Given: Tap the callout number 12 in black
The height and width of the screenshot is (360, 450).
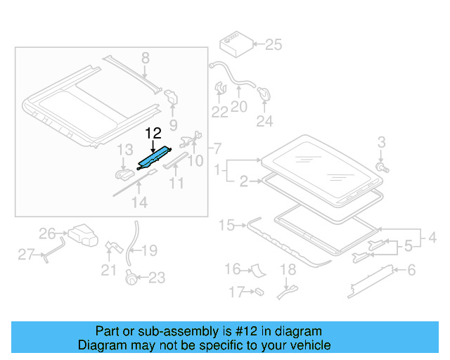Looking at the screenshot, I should (x=154, y=133).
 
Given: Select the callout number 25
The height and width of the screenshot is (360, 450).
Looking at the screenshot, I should (x=273, y=46).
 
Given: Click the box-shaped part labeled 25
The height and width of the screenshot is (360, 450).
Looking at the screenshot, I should (x=234, y=45).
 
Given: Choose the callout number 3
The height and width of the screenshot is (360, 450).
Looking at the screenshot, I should (x=381, y=142).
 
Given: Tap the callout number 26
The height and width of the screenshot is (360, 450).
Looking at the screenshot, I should (x=47, y=233).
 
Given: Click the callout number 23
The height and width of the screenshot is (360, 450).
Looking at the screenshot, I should (x=156, y=278).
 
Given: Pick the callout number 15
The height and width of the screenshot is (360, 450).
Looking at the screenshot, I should (x=226, y=226).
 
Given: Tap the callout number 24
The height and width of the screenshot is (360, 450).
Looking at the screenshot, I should (x=264, y=122).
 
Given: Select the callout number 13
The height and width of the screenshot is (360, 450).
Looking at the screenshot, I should (x=124, y=150).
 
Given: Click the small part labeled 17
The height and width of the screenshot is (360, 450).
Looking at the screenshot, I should (x=258, y=290).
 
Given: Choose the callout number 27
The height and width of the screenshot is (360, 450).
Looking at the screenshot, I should (x=26, y=255).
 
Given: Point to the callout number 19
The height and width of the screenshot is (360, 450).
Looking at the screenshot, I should (x=150, y=251).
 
